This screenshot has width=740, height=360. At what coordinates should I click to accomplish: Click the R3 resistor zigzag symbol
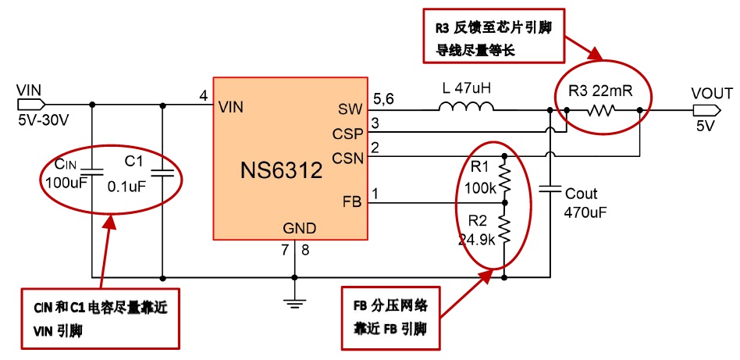click(601, 110)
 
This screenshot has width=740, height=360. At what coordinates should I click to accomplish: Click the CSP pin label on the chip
click(347, 133)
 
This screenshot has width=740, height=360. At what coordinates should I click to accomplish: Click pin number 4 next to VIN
click(204, 95)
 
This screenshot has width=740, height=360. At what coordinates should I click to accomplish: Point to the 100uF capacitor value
click(61, 183)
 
